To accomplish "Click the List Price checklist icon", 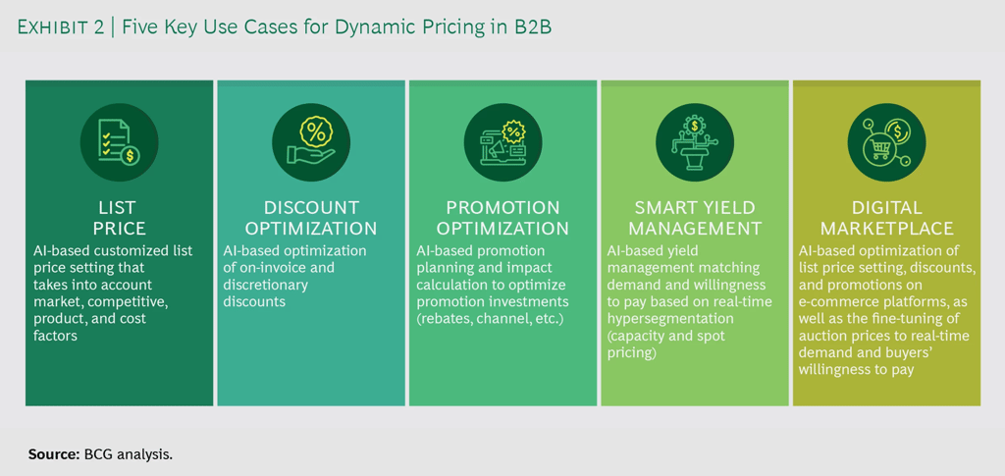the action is (119, 141).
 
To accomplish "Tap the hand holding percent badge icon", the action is (311, 141).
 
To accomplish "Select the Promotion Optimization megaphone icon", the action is (502, 141).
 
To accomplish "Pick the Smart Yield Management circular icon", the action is (695, 141).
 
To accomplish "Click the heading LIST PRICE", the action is (119, 218).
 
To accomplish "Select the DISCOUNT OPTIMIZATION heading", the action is (311, 218).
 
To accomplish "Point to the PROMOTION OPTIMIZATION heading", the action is (502, 218).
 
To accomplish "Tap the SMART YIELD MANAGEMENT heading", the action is (695, 218).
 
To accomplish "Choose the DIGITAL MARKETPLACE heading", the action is (886, 218).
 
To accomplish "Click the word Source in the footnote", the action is (53, 454).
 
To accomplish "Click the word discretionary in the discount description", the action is (266, 285).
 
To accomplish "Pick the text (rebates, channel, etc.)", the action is (490, 318).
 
